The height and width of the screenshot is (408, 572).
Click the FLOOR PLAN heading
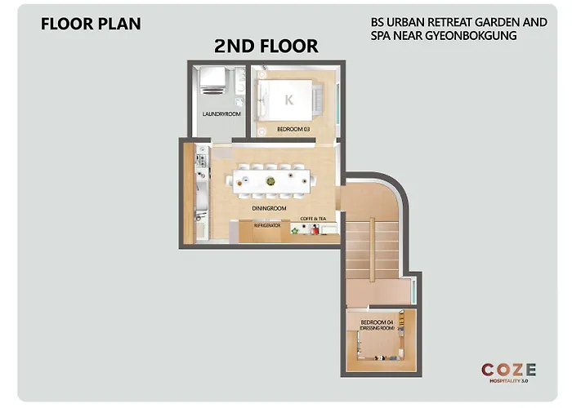point(91,24)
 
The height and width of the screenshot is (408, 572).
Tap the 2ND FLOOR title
point(266,47)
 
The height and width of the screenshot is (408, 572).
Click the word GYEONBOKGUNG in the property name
point(471,36)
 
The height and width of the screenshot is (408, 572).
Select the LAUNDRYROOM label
point(221,114)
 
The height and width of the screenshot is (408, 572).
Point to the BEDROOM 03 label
point(293,129)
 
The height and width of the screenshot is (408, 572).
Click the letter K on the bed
point(289,100)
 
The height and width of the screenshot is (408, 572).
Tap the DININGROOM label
point(269,208)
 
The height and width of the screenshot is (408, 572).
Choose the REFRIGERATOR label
point(267,225)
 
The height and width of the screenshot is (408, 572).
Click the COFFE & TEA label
point(313,219)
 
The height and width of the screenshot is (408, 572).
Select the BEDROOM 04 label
point(378,322)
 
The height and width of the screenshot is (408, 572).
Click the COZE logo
point(508,370)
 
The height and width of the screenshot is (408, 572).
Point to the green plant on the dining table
point(270,180)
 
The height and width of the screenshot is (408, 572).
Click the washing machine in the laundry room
point(212,80)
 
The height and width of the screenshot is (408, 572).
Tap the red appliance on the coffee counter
point(315,229)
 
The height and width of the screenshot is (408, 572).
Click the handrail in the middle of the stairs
point(372,248)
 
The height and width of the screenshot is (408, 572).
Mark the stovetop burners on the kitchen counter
point(201,160)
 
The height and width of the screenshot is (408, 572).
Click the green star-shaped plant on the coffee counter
point(295,230)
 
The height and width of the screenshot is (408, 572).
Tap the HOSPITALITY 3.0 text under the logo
point(508,381)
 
